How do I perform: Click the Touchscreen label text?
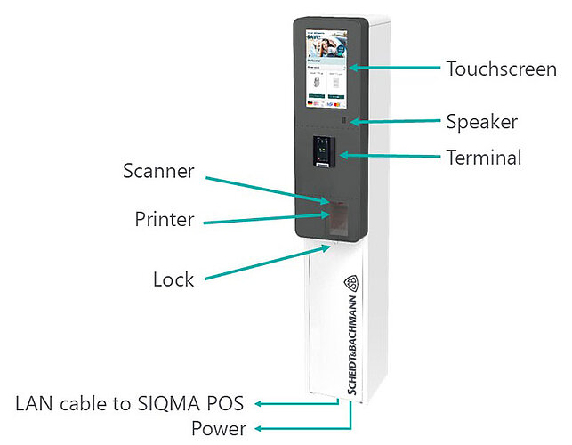click(502, 68)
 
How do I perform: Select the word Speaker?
click(481, 122)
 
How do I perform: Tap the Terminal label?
click(483, 158)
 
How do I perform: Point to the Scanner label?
click(158, 171)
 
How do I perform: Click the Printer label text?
click(164, 219)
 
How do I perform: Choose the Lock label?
click(173, 279)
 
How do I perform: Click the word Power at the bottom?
click(219, 429)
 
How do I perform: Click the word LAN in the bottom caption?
click(35, 402)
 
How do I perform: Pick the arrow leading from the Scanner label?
click(267, 190)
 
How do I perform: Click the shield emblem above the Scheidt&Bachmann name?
click(351, 284)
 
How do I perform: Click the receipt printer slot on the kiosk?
click(337, 214)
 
